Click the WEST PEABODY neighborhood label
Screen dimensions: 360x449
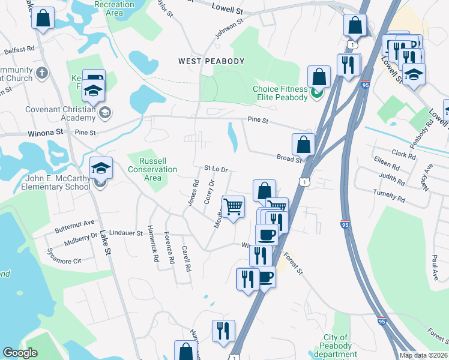click(211, 61)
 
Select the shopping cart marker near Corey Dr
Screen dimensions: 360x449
click(234, 206)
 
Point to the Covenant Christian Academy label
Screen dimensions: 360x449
click(60, 113)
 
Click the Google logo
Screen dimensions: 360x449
click(20, 353)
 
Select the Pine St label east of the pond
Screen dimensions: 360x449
click(258, 120)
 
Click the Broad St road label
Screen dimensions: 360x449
click(289, 159)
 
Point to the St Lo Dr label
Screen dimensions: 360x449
click(217, 170)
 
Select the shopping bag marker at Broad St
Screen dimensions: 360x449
click(304, 145)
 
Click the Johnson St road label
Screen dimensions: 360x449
click(229, 29)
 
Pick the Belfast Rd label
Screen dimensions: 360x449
click(19, 52)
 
